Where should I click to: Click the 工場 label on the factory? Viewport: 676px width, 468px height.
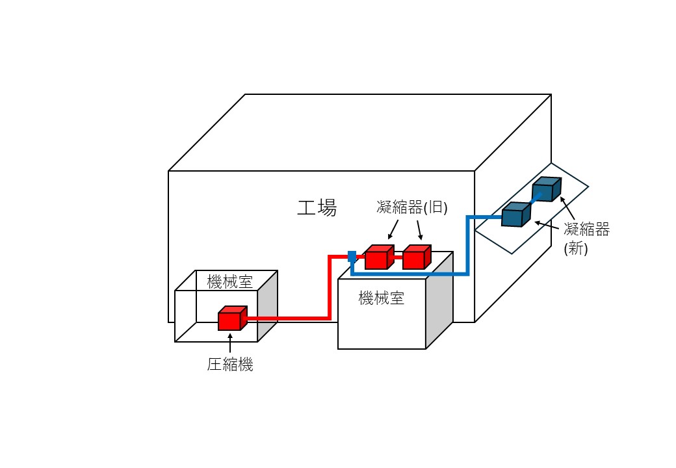coord(317,208)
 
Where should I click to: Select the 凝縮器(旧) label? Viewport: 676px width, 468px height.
coord(409,207)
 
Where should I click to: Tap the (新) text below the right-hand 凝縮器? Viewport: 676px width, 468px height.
coord(576,248)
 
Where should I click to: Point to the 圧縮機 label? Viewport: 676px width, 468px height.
coord(230,365)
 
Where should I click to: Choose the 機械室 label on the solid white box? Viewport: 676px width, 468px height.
coord(382,298)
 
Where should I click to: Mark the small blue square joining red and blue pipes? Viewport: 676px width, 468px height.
coord(352,256)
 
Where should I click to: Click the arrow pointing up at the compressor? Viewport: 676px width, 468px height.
coord(230,342)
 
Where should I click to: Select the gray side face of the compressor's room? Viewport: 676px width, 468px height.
coord(267,305)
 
